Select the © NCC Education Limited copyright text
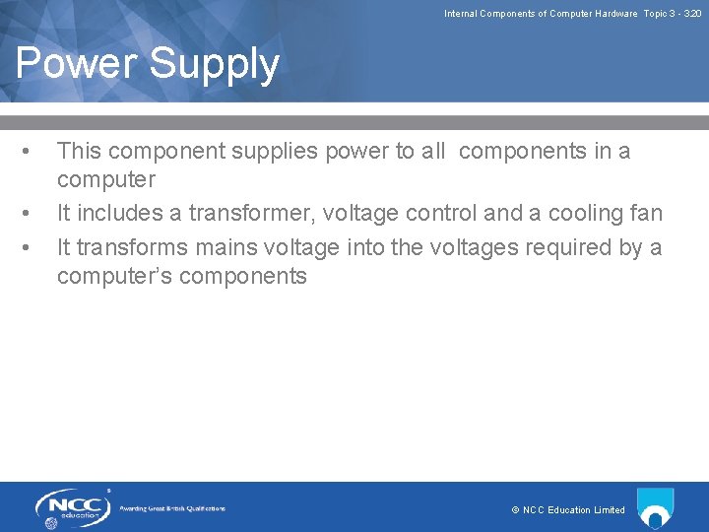tap(568, 510)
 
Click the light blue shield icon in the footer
tap(655, 507)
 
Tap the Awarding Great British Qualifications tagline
tap(172, 508)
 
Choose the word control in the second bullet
tap(438, 214)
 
